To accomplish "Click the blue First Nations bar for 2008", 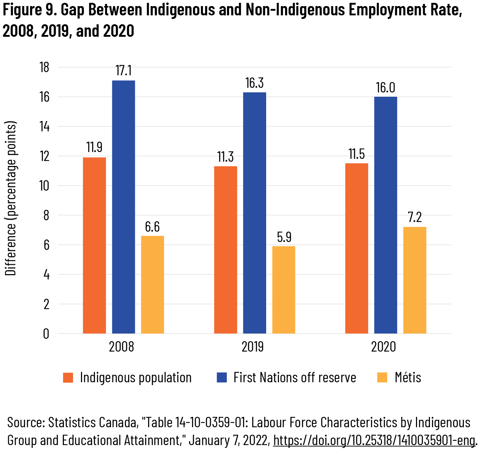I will coord(123,207).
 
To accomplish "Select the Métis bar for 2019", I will coord(284,290).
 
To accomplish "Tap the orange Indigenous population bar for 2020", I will coord(357,248).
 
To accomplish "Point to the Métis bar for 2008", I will coord(152,285).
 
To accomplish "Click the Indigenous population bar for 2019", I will coord(225,250).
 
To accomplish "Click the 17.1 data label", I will coord(123,71).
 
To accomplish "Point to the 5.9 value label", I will coord(284,237).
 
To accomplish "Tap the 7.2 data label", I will coord(415,217).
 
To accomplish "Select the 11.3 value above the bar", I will coord(225,157).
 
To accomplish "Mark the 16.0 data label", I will coord(386,88).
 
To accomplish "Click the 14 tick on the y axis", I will coord(45,127).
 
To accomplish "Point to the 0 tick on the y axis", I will coord(46,334).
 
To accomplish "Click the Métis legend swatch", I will coord(382,378).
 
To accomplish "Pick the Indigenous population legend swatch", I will coord(68,378).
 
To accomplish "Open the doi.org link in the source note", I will coord(374,440).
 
